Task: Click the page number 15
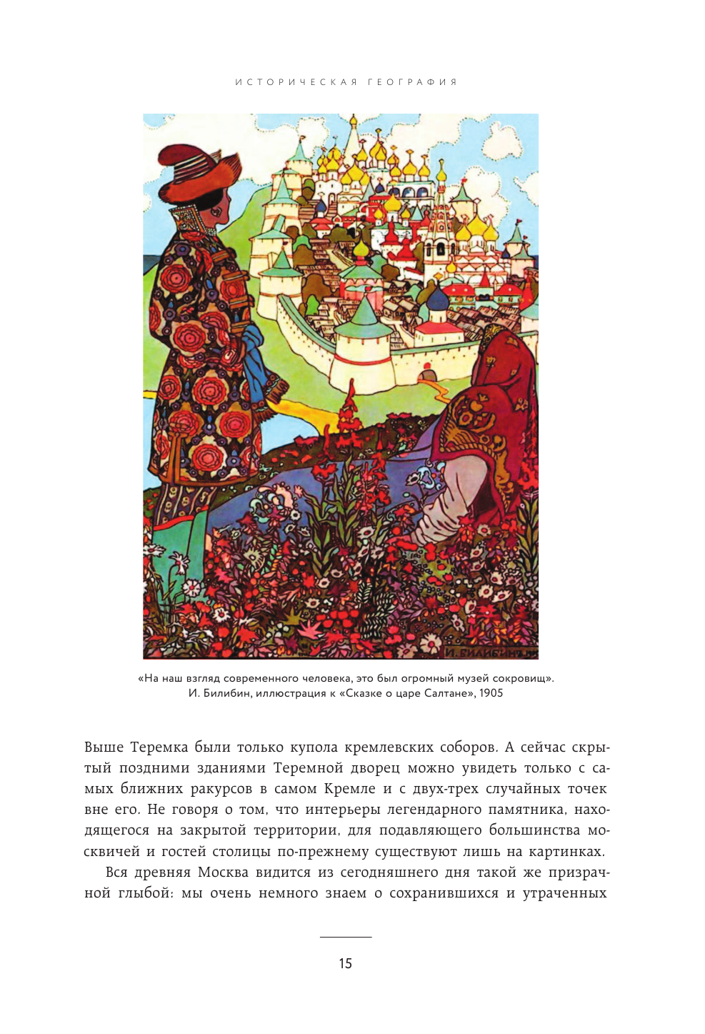point(345,963)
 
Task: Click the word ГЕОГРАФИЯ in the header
point(413,82)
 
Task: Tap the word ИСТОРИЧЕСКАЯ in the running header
point(296,82)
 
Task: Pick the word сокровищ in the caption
point(519,678)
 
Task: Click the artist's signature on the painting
point(488,652)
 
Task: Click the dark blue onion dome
point(437,299)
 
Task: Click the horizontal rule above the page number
point(345,937)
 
